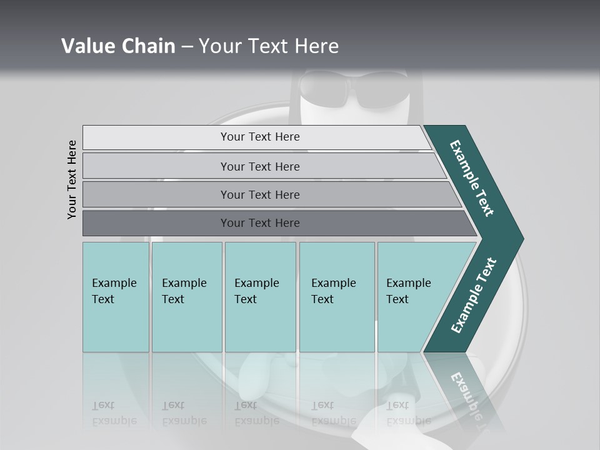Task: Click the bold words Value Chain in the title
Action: click(118, 46)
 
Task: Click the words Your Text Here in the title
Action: click(269, 46)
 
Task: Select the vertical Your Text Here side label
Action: click(72, 179)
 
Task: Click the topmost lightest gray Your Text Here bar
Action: click(260, 137)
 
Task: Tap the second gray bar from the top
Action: click(260, 166)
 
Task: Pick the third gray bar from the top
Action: click(260, 194)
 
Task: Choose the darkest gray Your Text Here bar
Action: click(260, 223)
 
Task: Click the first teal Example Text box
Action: click(116, 296)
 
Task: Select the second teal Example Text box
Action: click(186, 296)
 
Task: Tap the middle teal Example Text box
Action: click(260, 296)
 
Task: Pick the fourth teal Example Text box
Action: click(336, 296)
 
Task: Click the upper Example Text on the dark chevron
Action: click(472, 178)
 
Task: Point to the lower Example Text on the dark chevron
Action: click(474, 296)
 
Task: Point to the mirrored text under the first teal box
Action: click(114, 413)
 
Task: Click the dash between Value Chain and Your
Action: click(187, 47)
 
